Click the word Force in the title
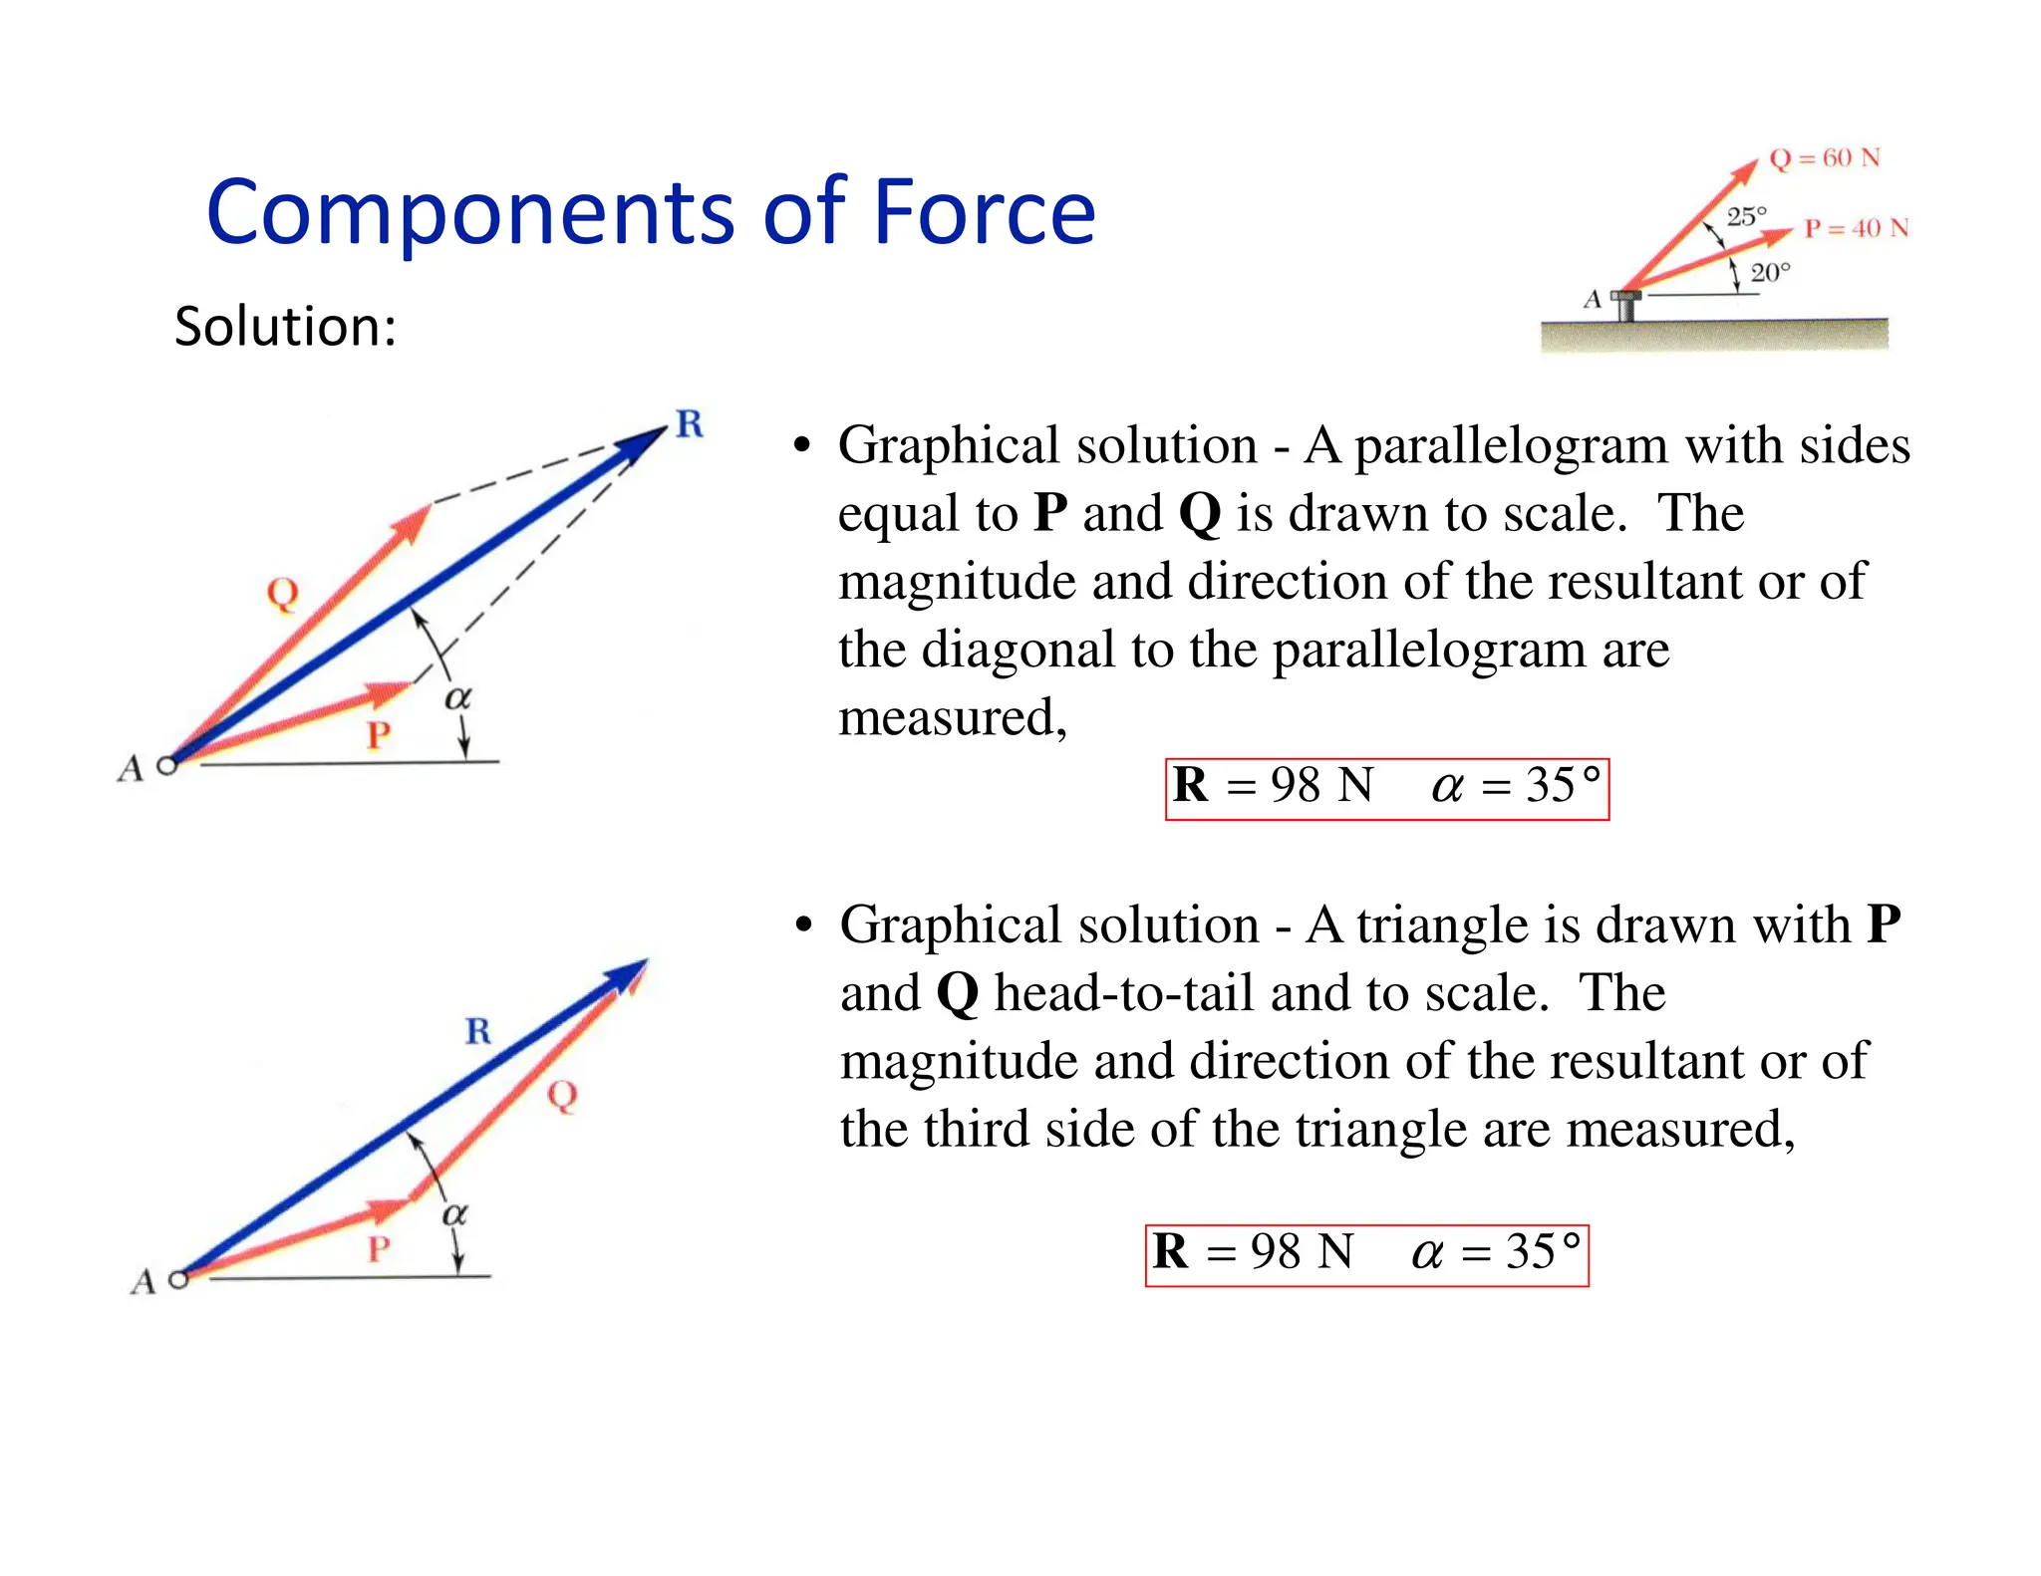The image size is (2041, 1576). click(983, 212)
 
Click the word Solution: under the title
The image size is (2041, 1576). click(285, 327)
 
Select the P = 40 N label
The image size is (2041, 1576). click(1856, 229)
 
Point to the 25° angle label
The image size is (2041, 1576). click(1746, 216)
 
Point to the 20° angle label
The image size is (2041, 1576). click(1770, 273)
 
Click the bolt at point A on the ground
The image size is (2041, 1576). click(1626, 305)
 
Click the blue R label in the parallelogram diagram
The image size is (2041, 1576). click(690, 424)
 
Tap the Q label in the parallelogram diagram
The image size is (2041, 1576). click(282, 594)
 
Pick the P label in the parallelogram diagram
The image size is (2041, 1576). click(378, 736)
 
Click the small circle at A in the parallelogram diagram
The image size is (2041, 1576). click(167, 765)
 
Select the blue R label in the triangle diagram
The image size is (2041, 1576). click(478, 1031)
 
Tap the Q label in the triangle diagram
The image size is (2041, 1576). click(562, 1096)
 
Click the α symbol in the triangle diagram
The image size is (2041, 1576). click(454, 1214)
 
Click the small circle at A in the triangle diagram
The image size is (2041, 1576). click(178, 1279)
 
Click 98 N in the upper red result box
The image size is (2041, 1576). click(1321, 786)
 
